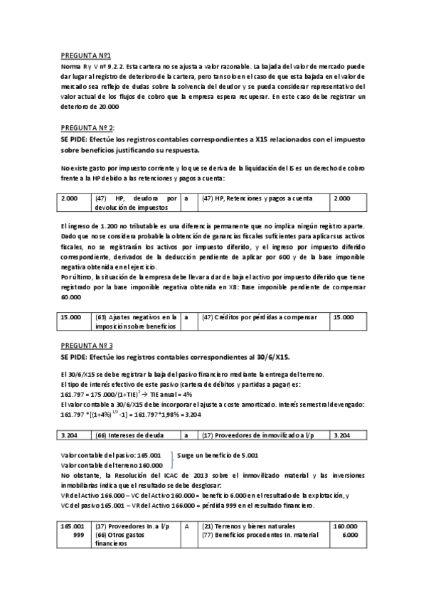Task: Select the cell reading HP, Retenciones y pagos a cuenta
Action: [252, 198]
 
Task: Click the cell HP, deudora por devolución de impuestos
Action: [134, 203]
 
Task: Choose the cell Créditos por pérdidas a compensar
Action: [252, 317]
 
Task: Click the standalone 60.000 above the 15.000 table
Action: [72, 297]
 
